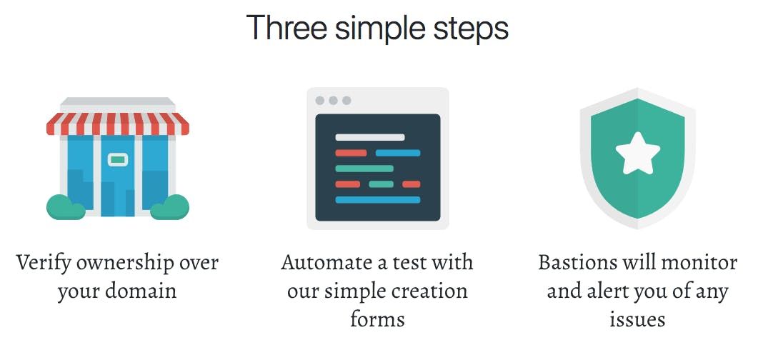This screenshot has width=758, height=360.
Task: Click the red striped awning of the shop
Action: pyautogui.click(x=117, y=124)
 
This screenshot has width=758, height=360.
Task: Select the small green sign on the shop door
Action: pyautogui.click(x=117, y=159)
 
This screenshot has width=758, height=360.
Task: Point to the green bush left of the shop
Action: pyautogui.click(x=66, y=207)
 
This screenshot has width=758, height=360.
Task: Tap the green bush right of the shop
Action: pyautogui.click(x=169, y=207)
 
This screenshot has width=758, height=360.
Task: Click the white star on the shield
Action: pyautogui.click(x=638, y=154)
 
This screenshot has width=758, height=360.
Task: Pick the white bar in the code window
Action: pyautogui.click(x=370, y=137)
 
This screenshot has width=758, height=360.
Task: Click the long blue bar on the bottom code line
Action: pyautogui.click(x=377, y=199)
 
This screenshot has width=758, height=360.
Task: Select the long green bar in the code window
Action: pyautogui.click(x=364, y=169)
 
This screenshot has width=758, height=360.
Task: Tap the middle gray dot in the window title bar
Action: pyautogui.click(x=333, y=101)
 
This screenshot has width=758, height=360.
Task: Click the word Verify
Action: pyautogui.click(x=44, y=264)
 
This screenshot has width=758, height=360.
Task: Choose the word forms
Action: pyautogui.click(x=377, y=319)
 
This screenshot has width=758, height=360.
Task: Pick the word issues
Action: pyautogui.click(x=637, y=319)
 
